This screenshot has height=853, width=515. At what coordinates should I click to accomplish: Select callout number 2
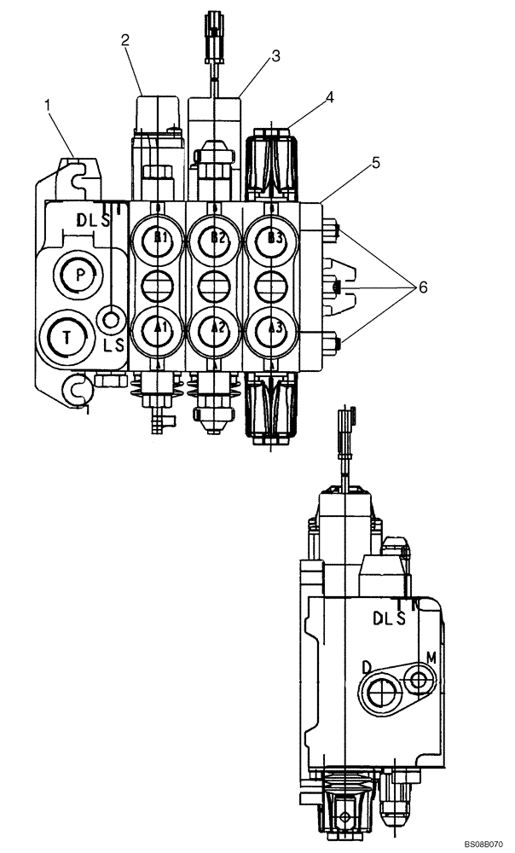(x=124, y=39)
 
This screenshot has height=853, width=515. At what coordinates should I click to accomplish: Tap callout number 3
(x=275, y=56)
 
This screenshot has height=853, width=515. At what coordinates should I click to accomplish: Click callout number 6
(x=420, y=287)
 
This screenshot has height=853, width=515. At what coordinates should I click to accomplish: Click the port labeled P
(x=80, y=275)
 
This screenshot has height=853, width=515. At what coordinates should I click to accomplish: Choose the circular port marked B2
(x=216, y=240)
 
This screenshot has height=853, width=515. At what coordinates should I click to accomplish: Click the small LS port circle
(x=110, y=320)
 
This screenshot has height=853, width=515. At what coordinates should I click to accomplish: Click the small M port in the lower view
(x=418, y=679)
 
